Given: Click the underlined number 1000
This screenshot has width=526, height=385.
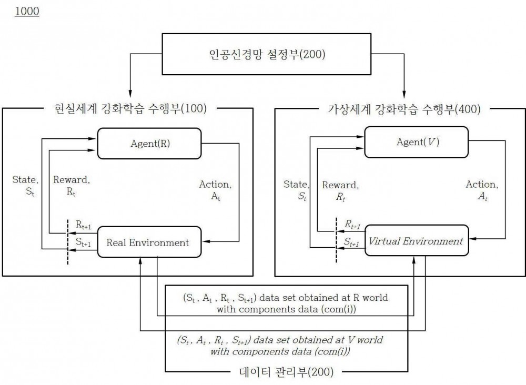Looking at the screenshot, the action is pyautogui.click(x=27, y=11).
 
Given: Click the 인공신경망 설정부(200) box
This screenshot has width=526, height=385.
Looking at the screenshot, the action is pyautogui.click(x=266, y=54).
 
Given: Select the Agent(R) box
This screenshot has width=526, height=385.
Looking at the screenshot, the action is pyautogui.click(x=149, y=144).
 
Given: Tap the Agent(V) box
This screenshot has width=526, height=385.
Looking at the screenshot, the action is pyautogui.click(x=416, y=142).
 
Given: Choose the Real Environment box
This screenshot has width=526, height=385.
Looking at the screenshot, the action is pyautogui.click(x=149, y=242).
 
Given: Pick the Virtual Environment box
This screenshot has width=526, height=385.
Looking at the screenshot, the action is pyautogui.click(x=416, y=240).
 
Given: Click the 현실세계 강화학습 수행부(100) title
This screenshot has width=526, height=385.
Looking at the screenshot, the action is pyautogui.click(x=130, y=109).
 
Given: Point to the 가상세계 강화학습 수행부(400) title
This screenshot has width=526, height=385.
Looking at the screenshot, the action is pyautogui.click(x=404, y=109).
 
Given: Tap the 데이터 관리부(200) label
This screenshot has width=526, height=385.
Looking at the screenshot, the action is pyautogui.click(x=286, y=372).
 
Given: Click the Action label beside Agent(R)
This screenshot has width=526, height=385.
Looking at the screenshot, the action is pyautogui.click(x=215, y=190).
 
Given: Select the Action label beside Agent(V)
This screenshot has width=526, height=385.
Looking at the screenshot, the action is pyautogui.click(x=482, y=190).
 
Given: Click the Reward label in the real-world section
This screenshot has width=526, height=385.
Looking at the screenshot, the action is pyautogui.click(x=72, y=186).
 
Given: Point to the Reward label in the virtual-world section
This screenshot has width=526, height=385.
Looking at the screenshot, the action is pyautogui.click(x=340, y=191).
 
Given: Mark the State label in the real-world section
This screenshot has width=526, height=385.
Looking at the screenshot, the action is pyautogui.click(x=25, y=186).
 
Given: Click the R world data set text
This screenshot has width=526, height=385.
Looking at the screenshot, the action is pyautogui.click(x=286, y=303).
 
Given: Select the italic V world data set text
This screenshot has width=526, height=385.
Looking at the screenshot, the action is pyautogui.click(x=280, y=346).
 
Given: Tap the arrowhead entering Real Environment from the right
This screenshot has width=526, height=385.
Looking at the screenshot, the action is pyautogui.click(x=206, y=241).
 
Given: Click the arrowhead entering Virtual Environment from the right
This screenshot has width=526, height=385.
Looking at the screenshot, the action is pyautogui.click(x=473, y=239).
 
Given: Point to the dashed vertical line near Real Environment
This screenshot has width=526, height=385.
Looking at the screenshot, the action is pyautogui.click(x=68, y=242).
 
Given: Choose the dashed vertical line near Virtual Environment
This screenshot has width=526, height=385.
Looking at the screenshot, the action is pyautogui.click(x=337, y=240).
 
